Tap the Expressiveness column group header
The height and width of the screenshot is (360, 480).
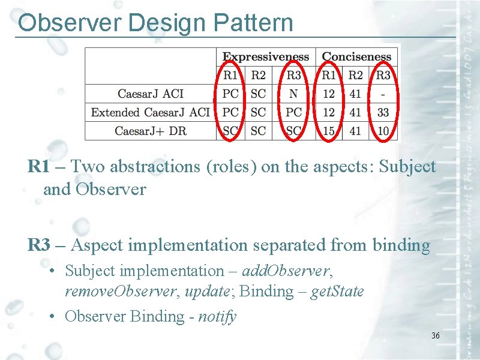pos(266,57)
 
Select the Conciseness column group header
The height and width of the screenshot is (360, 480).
pos(356,57)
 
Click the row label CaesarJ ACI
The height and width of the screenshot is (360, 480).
pos(151,94)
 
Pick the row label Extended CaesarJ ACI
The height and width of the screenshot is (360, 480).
pos(151,112)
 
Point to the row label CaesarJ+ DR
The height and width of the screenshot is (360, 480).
pos(151,131)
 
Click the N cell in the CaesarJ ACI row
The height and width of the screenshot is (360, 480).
pos(293,94)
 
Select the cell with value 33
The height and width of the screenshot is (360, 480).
pos(383,112)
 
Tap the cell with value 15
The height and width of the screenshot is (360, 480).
pos(328,131)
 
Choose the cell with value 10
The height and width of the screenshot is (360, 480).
pos(383,131)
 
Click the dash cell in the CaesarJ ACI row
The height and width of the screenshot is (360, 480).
pos(383,94)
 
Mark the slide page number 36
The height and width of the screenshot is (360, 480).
pos(435,335)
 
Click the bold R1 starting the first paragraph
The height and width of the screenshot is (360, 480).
pos(39,167)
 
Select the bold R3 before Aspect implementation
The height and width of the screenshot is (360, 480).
pos(39,245)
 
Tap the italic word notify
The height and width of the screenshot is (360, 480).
pos(217,316)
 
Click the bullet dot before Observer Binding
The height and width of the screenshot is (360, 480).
pos(54,317)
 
